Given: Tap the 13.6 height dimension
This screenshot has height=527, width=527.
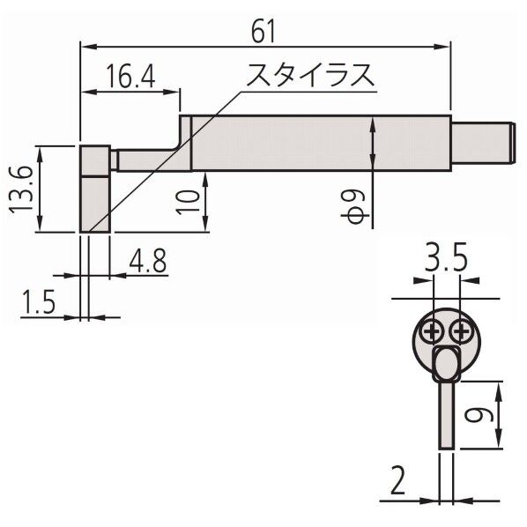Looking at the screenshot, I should (23, 189).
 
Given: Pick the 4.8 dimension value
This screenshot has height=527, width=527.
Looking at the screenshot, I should (147, 261).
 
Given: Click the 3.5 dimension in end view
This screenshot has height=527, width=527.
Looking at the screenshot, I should (445, 260).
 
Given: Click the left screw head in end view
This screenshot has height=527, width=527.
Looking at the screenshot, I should (432, 331).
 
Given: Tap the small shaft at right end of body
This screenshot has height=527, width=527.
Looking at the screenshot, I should (481, 144).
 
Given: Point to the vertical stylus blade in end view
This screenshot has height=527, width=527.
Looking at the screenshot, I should (446, 414).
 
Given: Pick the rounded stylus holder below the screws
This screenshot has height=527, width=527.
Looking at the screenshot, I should (446, 361).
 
